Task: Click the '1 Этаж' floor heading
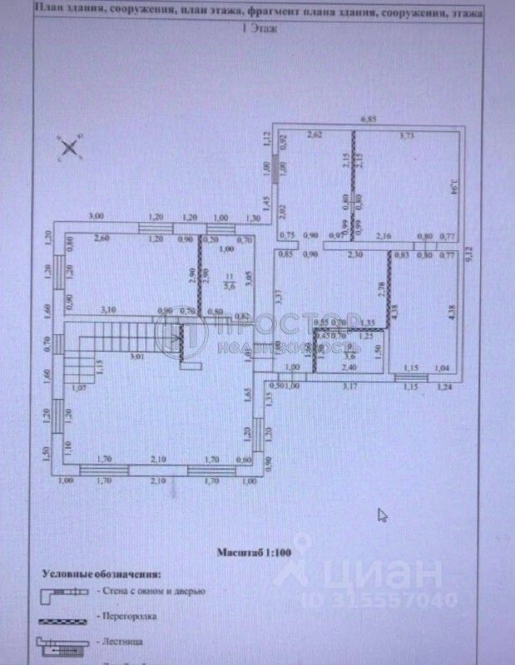[259, 27]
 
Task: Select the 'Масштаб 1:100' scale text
[255, 551]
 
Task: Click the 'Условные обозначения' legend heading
[102, 574]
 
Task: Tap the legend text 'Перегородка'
[127, 617]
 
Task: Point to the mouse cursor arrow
[382, 515]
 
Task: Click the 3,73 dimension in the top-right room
[406, 135]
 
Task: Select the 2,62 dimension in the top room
[314, 135]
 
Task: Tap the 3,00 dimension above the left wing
[97, 216]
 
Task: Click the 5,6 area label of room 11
[230, 285]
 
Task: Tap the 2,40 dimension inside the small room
[350, 367]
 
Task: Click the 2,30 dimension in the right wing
[355, 254]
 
